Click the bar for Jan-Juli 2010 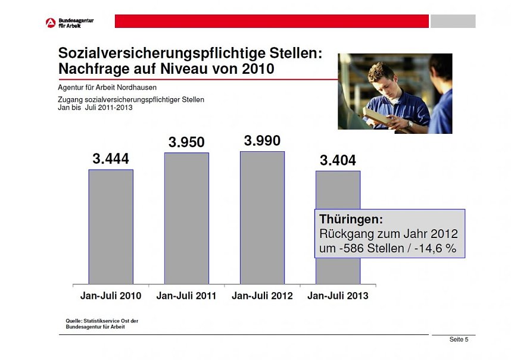(111, 226)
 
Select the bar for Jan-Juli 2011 (186, 218)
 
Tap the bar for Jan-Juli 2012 (262, 217)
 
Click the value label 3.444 (111, 159)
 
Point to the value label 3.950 (186, 142)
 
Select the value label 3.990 (262, 140)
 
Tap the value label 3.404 (338, 161)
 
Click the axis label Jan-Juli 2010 (111, 296)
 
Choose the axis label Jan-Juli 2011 (186, 296)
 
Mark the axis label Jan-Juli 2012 (262, 296)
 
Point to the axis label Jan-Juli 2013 (338, 296)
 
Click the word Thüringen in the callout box (351, 220)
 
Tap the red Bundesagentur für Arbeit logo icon (51, 23)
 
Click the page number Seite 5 (459, 340)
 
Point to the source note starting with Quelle (102, 324)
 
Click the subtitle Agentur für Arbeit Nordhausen (107, 87)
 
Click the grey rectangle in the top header (453, 21)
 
